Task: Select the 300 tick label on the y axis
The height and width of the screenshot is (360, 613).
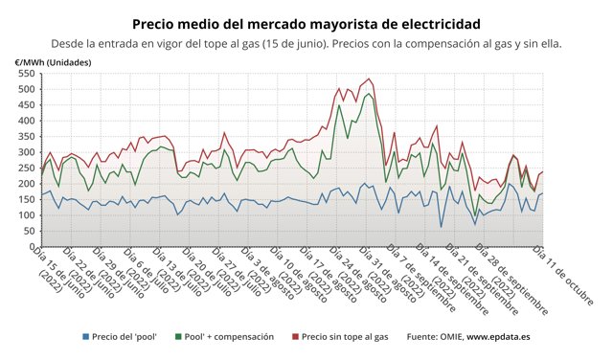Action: coord(25,152)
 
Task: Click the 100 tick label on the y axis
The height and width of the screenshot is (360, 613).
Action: coord(25,214)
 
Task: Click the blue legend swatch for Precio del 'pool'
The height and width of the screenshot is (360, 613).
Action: coord(86,337)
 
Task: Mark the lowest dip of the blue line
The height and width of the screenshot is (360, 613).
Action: coord(441,227)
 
